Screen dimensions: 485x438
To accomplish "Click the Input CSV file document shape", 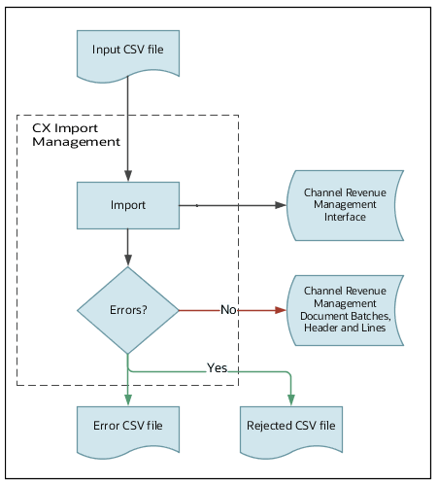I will (x=127, y=52).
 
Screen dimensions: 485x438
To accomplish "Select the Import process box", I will (x=127, y=206).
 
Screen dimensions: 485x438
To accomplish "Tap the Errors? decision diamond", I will (x=127, y=311).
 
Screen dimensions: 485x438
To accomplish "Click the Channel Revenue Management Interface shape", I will (x=345, y=205).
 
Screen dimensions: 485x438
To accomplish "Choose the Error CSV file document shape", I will (x=127, y=426).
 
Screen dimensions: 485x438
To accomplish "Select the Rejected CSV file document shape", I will (x=290, y=426).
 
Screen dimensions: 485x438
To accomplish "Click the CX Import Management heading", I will (x=76, y=134).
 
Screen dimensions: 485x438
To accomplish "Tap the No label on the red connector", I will (x=229, y=310).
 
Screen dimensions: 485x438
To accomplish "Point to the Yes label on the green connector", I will (x=217, y=368).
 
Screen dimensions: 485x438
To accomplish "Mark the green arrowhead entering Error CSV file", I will (x=127, y=397).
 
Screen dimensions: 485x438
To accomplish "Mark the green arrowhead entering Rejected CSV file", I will (x=290, y=397).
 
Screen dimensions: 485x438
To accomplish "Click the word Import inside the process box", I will (x=127, y=206).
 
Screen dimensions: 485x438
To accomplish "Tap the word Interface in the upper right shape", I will (x=345, y=217).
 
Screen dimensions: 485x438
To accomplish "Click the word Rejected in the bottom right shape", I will (x=270, y=426).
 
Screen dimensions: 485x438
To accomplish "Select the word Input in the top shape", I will (x=108, y=48).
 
